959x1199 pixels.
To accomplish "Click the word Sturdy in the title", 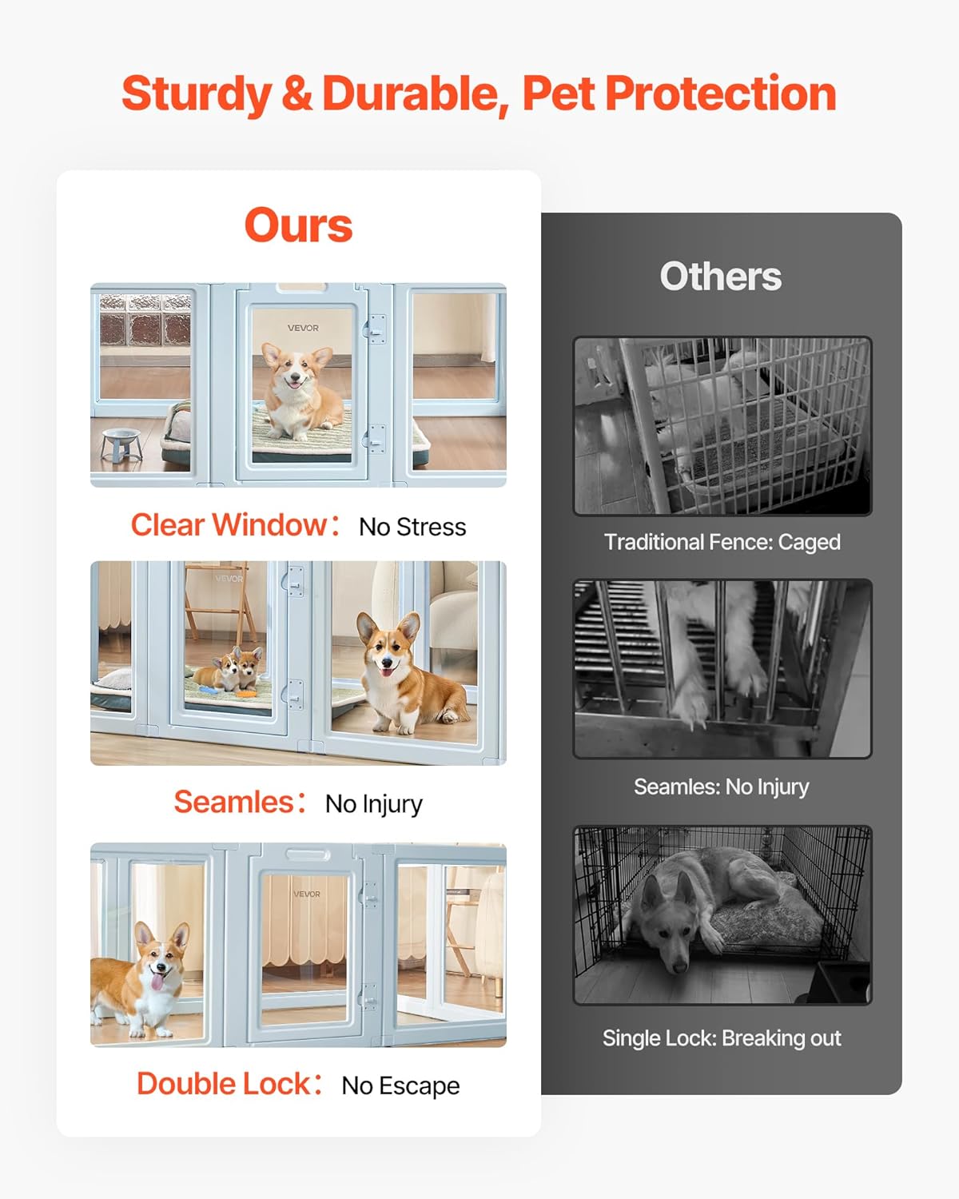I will pyautogui.click(x=196, y=94).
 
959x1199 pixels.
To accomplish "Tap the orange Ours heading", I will pyautogui.click(x=298, y=225).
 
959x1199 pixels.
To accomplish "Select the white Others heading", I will pyautogui.click(x=720, y=277).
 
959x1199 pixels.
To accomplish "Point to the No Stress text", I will pyautogui.click(x=412, y=528).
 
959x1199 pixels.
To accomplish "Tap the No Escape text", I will pyautogui.click(x=400, y=1085).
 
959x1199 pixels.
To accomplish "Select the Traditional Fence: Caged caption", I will pyautogui.click(x=722, y=542).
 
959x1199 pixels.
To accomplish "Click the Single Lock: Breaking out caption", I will pyautogui.click(x=722, y=1038).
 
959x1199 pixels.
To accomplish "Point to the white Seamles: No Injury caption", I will pyautogui.click(x=721, y=787).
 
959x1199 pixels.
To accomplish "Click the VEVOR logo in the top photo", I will pyautogui.click(x=303, y=328).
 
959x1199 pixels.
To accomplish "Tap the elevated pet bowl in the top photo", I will pyautogui.click(x=121, y=444).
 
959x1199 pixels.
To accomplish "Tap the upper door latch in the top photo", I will pyautogui.click(x=376, y=329).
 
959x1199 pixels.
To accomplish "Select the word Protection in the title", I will pyautogui.click(x=720, y=94).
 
